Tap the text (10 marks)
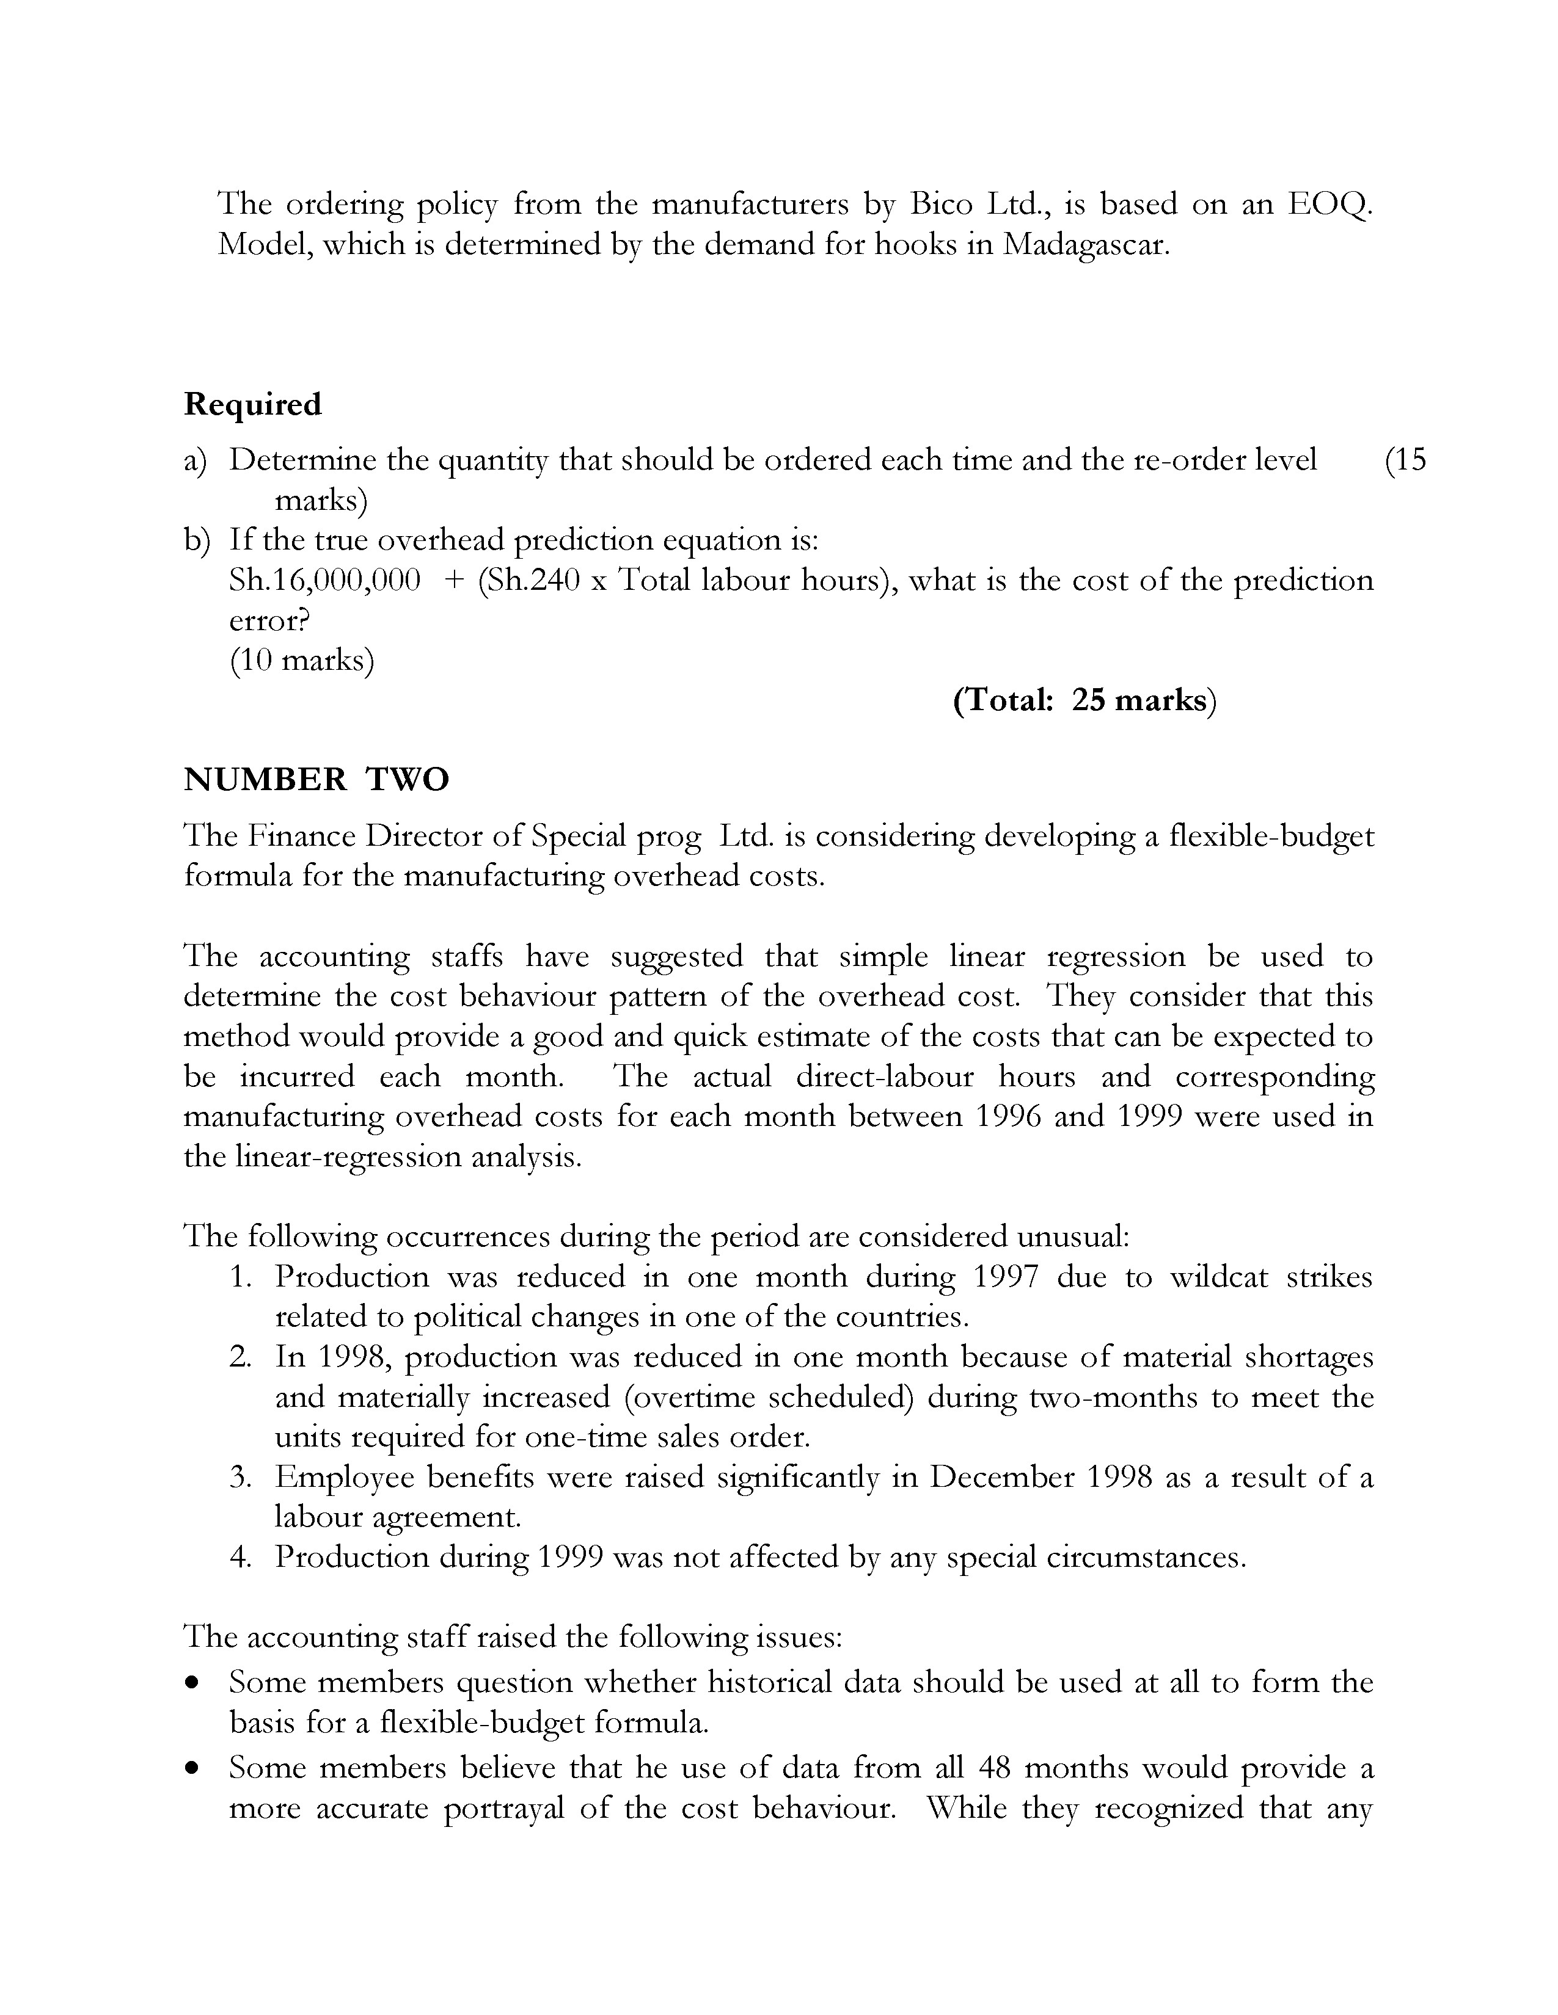(302, 661)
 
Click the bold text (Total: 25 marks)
(1084, 700)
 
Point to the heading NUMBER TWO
(316, 780)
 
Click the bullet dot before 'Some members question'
(192, 1684)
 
